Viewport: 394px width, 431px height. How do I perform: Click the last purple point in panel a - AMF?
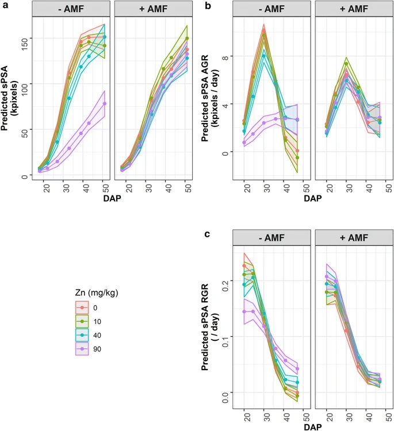click(105, 103)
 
